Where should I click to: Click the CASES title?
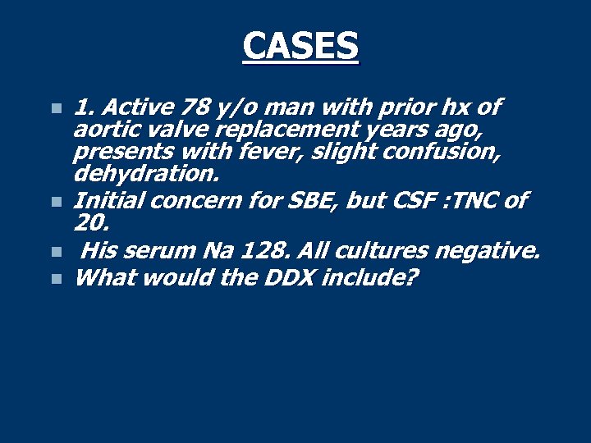tap(300, 46)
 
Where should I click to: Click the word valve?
tap(159, 130)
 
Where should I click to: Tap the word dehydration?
tap(146, 174)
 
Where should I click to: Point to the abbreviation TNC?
tap(479, 201)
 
